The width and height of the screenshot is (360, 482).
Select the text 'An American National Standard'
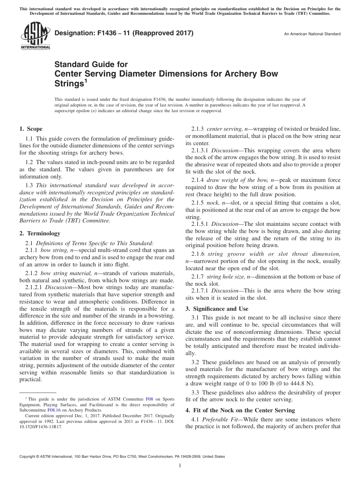[312, 34]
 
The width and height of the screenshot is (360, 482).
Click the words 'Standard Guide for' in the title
[91, 64]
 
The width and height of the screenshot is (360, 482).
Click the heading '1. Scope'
[31, 129]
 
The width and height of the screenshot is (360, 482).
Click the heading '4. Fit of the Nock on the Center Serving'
[240, 410]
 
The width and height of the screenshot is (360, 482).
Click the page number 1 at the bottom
[180, 466]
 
